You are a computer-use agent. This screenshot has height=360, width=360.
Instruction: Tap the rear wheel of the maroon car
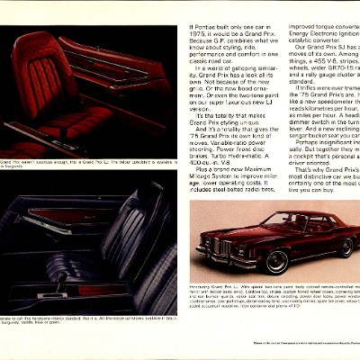(x=346, y=247)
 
